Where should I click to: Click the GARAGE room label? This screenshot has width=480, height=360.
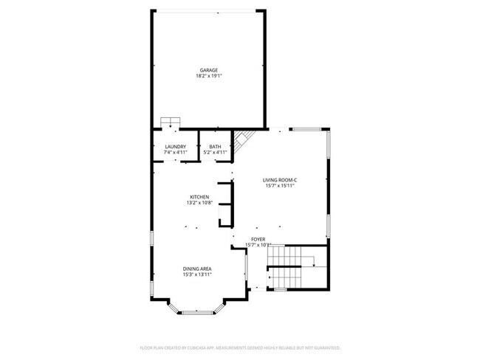click(208, 70)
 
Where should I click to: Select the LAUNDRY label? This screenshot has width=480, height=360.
click(175, 147)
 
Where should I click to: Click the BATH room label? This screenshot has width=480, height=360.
click(215, 147)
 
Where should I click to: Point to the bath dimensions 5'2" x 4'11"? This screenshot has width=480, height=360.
click(215, 153)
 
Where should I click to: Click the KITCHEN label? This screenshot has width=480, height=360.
click(199, 197)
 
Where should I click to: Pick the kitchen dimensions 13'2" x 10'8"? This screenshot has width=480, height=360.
click(199, 203)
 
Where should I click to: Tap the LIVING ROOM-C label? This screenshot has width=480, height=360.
click(280, 180)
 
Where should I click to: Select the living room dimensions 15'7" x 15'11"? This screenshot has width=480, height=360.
click(280, 186)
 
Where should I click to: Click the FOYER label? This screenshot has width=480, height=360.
click(258, 240)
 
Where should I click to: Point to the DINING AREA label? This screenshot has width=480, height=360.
click(198, 269)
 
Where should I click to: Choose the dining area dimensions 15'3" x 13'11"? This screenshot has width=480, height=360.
click(198, 274)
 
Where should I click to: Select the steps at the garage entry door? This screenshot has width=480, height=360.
click(171, 122)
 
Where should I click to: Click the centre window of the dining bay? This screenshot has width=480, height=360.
click(197, 313)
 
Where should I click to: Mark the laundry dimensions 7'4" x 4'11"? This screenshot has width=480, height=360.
click(175, 153)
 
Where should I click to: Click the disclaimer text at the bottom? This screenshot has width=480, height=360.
click(240, 347)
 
